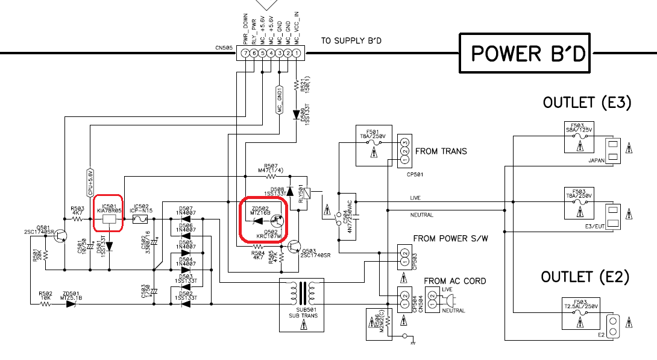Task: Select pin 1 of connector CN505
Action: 297,54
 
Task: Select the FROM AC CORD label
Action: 454,281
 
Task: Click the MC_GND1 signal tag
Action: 280,100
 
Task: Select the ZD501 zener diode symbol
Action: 71,304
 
